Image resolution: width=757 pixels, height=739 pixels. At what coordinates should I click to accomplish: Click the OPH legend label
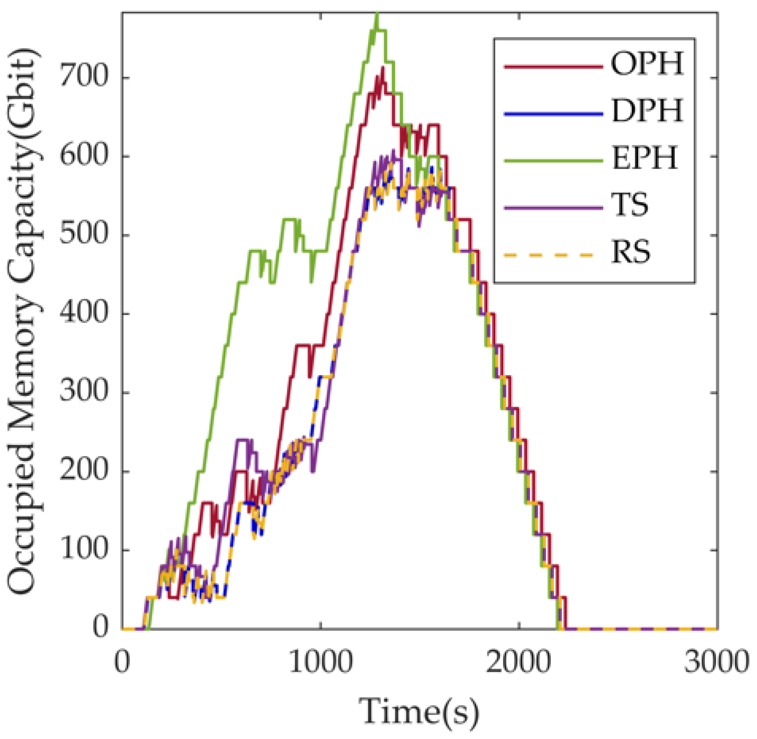tap(647, 64)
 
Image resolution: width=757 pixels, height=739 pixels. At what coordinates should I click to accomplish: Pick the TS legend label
tap(630, 205)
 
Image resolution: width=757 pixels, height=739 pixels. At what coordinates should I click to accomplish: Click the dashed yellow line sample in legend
tap(553, 255)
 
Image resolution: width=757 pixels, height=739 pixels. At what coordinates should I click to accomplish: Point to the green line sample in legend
tap(553, 160)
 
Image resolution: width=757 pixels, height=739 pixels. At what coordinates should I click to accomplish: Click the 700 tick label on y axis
tap(84, 76)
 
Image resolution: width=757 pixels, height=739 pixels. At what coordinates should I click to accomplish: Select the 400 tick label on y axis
tap(84, 313)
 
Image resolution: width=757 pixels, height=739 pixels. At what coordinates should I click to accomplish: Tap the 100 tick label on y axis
tap(84, 550)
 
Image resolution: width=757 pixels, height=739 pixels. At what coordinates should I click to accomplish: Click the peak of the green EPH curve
tap(377, 15)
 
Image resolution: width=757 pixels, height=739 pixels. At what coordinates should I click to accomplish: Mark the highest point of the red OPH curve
tap(383, 68)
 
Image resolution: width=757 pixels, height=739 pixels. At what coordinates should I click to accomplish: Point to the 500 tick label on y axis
tap(84, 234)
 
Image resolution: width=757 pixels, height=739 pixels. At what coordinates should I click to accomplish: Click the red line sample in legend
tap(553, 67)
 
